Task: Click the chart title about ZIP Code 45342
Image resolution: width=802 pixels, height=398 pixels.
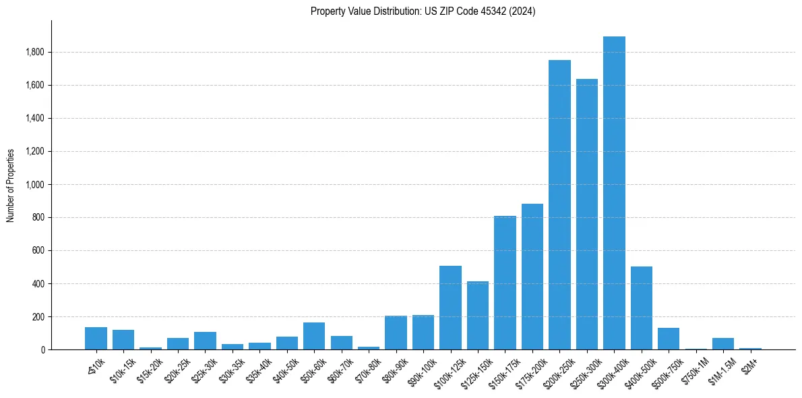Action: (x=423, y=11)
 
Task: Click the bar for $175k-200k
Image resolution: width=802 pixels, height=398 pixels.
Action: (x=532, y=277)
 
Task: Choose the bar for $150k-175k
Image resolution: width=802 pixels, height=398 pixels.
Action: (x=505, y=283)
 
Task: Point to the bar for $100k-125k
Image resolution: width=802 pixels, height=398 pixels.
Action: (x=450, y=308)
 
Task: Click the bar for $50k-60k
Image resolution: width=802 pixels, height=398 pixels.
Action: (x=314, y=336)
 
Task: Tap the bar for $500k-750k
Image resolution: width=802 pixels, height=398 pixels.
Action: (x=669, y=339)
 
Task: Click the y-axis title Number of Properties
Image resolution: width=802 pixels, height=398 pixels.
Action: (x=11, y=186)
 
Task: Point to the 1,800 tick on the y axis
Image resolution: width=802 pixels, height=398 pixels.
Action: (x=34, y=52)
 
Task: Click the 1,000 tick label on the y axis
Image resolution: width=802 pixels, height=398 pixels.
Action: (x=34, y=184)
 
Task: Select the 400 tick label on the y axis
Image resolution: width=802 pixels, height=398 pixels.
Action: (x=38, y=283)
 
